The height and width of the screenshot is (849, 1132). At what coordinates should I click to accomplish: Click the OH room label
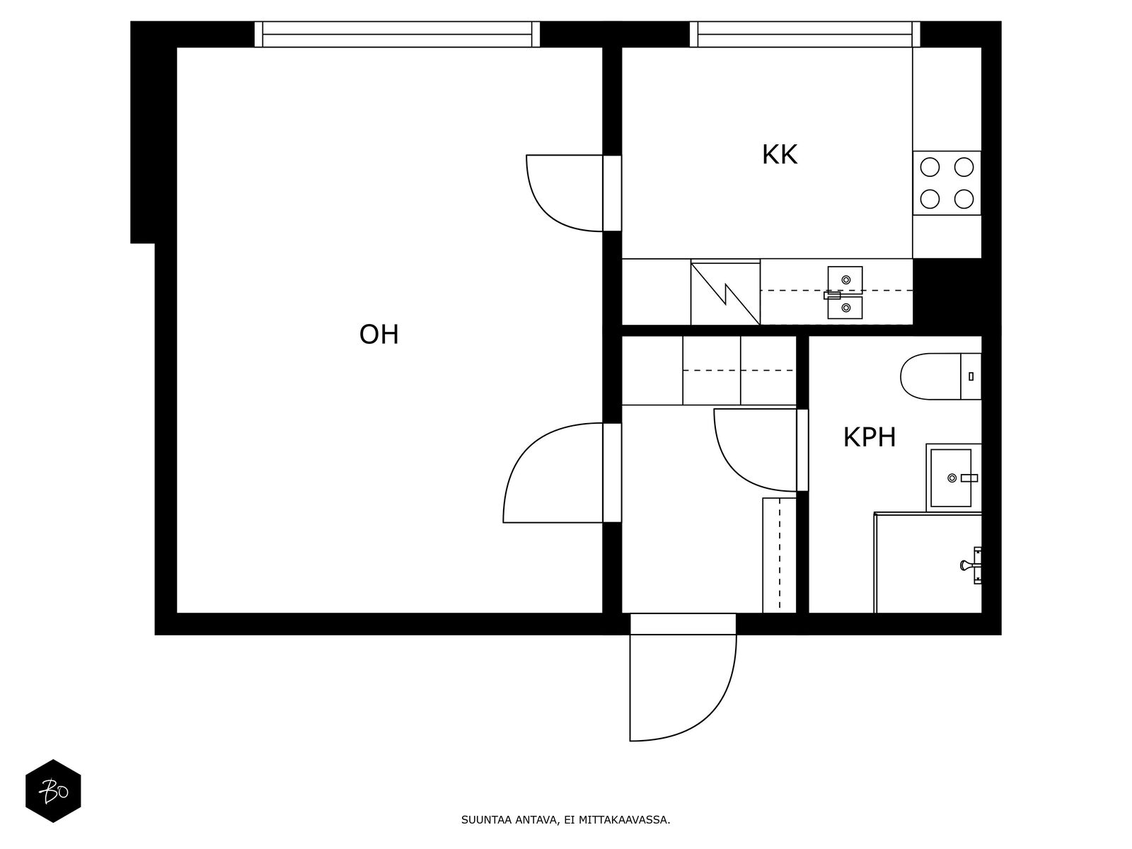(x=379, y=335)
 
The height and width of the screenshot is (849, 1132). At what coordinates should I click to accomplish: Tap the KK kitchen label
(x=779, y=155)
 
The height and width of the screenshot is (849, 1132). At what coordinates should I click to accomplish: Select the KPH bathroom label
(x=870, y=437)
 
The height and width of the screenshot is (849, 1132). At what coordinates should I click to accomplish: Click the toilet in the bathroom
(x=940, y=376)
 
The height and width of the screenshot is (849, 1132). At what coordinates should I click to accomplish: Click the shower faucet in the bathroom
(x=971, y=565)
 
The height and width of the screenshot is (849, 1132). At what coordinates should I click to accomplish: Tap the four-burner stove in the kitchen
(x=947, y=183)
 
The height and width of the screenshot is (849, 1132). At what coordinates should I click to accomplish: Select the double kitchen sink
(x=844, y=292)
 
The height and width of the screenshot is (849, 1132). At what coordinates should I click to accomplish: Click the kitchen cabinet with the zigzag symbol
(x=725, y=292)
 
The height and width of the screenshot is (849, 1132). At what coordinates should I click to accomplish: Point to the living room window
(x=397, y=34)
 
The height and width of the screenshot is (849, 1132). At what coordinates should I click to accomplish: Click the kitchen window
(x=805, y=34)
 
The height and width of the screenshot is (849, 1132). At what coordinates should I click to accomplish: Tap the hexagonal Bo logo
(x=53, y=791)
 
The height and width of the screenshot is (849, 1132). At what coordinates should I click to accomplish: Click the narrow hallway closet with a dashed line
(x=779, y=555)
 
